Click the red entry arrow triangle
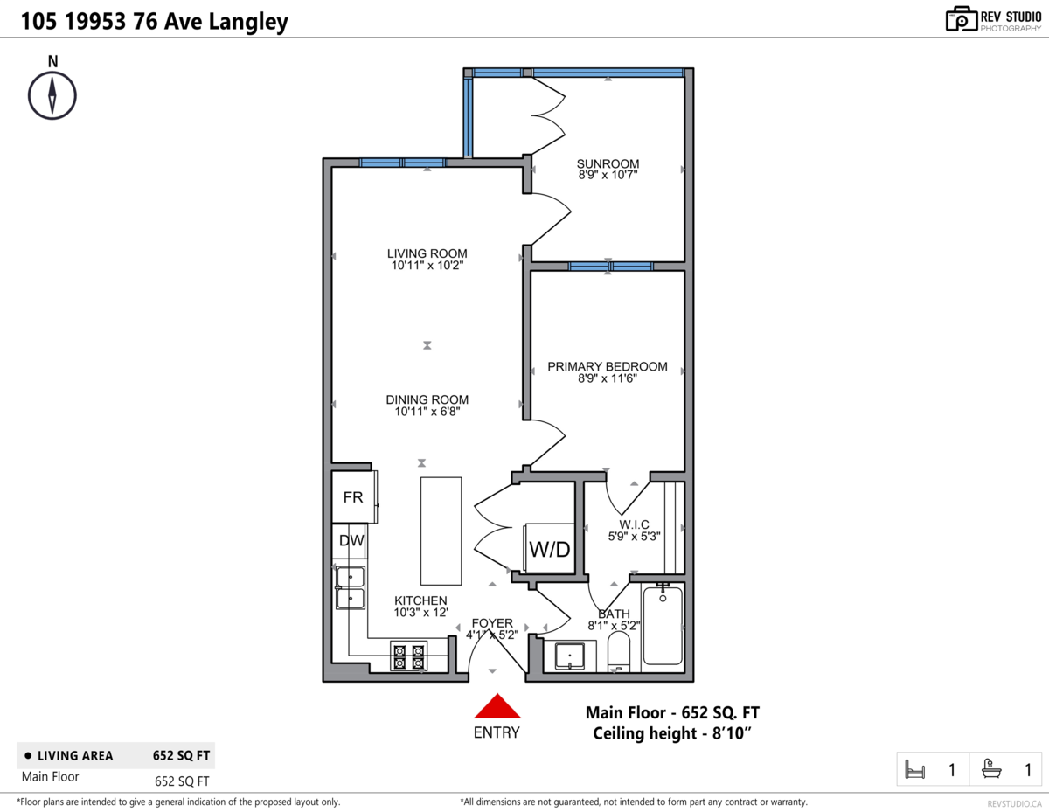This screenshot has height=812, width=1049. (497, 706)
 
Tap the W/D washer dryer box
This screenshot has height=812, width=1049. (549, 549)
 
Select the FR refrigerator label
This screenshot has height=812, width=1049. (353, 497)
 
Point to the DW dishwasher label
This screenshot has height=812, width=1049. (351, 540)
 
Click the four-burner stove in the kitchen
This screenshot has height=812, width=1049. (408, 656)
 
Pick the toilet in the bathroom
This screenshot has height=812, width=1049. (618, 652)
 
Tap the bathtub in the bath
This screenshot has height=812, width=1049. (663, 625)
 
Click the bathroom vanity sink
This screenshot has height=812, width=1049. (570, 656)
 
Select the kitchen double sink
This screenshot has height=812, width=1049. (351, 588)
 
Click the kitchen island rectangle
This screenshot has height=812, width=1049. (441, 531)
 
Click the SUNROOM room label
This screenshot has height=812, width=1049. (608, 163)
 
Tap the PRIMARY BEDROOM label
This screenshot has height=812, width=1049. (608, 367)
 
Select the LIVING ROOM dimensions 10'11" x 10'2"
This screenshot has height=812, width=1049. (427, 266)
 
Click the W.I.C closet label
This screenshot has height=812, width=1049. (635, 524)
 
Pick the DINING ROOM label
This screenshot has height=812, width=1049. (427, 399)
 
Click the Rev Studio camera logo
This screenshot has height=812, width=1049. (961, 19)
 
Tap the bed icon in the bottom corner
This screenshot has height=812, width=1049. (914, 769)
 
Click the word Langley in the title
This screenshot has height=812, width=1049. (248, 22)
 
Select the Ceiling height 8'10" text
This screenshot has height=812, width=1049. (672, 734)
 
